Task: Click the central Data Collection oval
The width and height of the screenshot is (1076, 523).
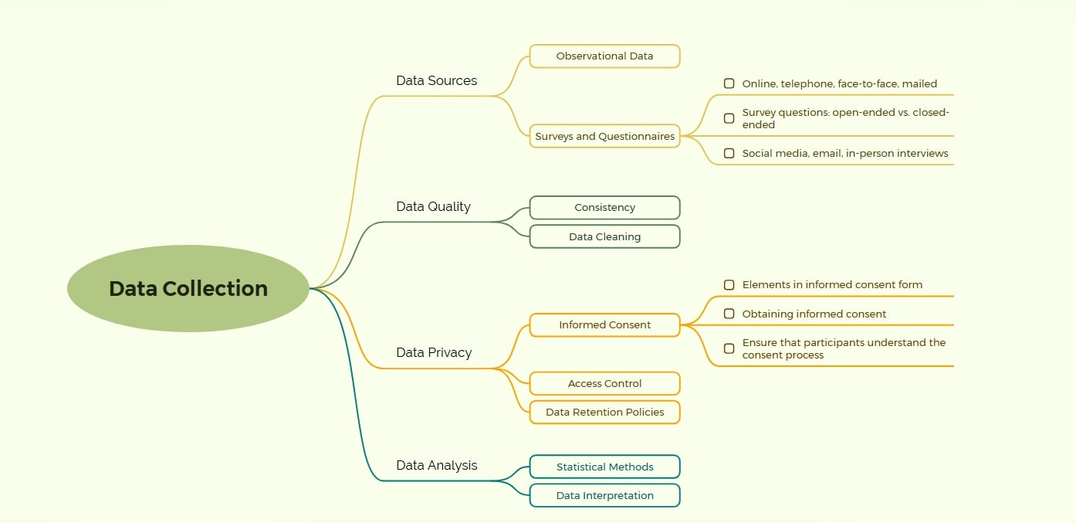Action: (188, 288)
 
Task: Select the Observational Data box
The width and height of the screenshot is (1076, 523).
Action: (604, 56)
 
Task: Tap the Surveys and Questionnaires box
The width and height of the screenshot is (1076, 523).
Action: (604, 136)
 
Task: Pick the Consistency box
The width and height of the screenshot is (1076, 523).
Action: (604, 208)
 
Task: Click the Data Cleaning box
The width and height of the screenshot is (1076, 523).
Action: (604, 236)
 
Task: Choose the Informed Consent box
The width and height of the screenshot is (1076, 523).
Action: (604, 325)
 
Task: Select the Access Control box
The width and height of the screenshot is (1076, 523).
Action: (604, 384)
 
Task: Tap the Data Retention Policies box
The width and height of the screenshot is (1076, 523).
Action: (604, 413)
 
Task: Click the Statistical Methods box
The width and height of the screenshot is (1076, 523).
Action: (604, 467)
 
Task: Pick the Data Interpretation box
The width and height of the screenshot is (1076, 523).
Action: (604, 496)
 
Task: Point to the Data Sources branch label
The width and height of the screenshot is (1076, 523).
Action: (436, 80)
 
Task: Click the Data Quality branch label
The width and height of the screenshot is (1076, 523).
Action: (433, 207)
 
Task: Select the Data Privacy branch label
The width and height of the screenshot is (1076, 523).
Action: (434, 353)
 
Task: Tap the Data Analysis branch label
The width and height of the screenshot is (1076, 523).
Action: (437, 465)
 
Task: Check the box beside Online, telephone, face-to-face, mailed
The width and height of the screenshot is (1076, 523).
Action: (729, 83)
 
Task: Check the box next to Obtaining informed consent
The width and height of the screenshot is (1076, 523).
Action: (729, 314)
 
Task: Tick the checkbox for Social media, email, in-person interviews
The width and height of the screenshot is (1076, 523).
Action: (729, 153)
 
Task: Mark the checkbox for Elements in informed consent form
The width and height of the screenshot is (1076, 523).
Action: (729, 285)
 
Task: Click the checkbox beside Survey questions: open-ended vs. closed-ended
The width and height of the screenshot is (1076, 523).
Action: (729, 118)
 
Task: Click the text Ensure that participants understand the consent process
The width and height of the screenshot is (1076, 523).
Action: (844, 348)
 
